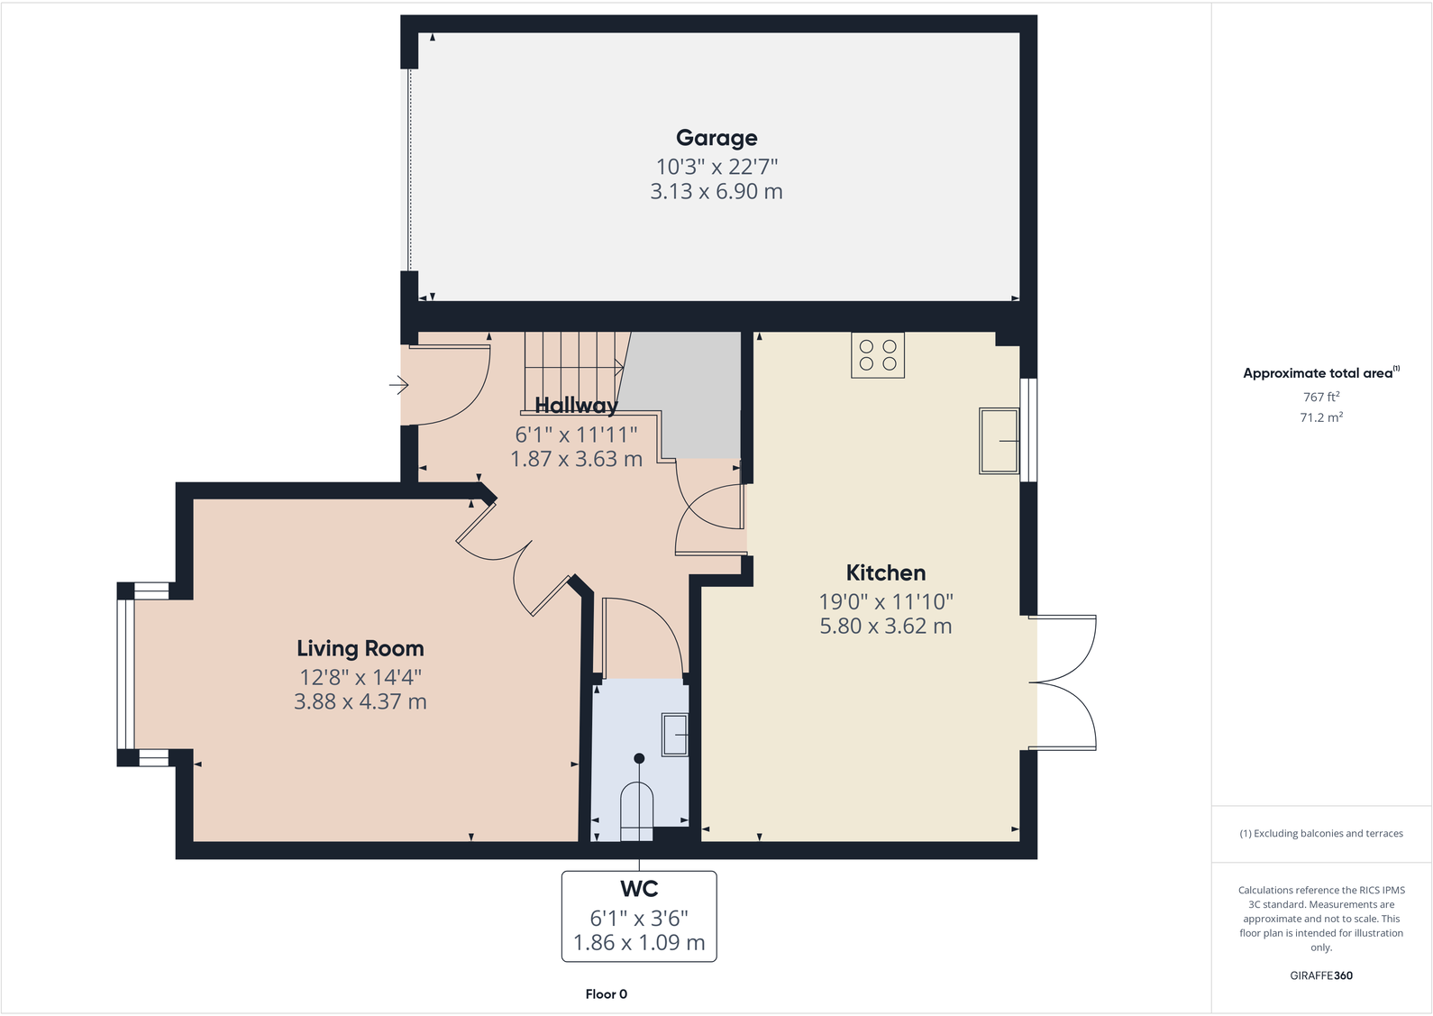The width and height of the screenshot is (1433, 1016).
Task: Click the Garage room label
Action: (x=716, y=138)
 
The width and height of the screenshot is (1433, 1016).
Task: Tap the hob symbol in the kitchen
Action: (x=878, y=355)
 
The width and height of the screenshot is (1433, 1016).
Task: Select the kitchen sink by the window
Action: (x=999, y=441)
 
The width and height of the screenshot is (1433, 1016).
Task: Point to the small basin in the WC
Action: (x=675, y=735)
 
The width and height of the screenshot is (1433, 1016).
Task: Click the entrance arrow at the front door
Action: (x=398, y=386)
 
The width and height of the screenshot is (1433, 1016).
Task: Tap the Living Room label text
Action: (x=360, y=648)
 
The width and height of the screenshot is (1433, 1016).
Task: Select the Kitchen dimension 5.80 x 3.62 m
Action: (x=885, y=626)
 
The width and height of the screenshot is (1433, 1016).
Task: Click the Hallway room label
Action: (x=576, y=406)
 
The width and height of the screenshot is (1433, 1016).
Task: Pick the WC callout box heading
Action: (x=639, y=889)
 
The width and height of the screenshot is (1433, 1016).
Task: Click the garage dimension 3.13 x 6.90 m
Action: (x=716, y=191)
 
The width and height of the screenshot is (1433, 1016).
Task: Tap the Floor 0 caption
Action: (x=606, y=993)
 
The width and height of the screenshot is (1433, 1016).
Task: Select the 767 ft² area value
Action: (x=1321, y=397)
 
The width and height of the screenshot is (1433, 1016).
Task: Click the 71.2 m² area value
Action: (x=1321, y=417)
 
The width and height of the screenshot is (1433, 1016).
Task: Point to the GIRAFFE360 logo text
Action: (x=1321, y=975)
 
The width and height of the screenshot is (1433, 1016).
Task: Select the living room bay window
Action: (x=126, y=674)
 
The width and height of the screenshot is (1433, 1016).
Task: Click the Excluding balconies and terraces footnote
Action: (x=1321, y=833)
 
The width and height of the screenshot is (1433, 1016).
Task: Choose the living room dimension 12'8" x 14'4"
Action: (x=361, y=677)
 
